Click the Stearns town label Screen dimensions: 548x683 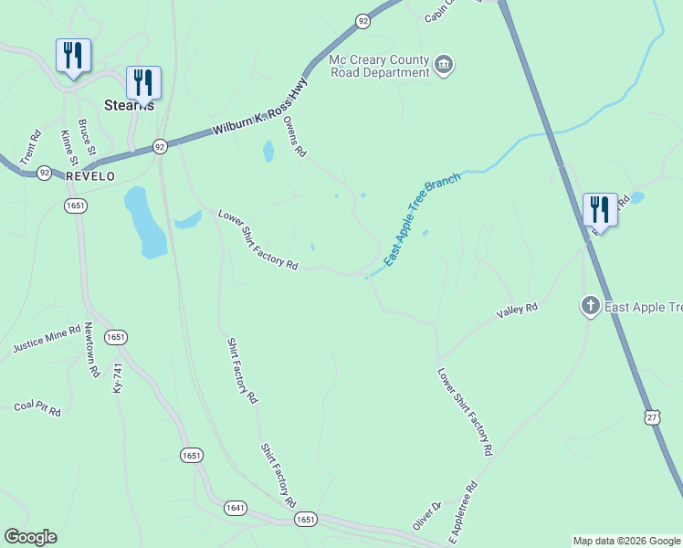(128, 105)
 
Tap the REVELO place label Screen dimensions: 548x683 (90, 176)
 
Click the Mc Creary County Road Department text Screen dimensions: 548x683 (379, 67)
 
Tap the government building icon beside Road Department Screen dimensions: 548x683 (444, 64)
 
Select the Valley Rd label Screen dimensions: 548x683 (517, 311)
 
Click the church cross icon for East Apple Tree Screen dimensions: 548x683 (591, 305)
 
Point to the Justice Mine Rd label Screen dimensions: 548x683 (47, 343)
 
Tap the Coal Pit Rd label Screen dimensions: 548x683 (37, 408)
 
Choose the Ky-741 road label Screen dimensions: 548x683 (118, 378)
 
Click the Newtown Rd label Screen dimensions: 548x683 (90, 350)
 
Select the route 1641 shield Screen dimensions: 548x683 (236, 506)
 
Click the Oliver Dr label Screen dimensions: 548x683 (426, 515)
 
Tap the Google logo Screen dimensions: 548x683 (30, 537)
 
